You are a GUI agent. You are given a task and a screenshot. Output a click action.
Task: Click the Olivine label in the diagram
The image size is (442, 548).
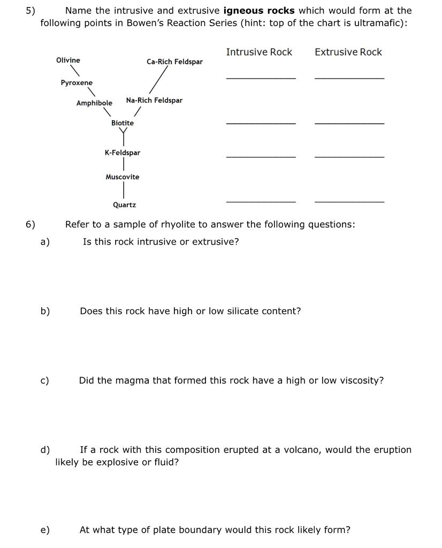68,60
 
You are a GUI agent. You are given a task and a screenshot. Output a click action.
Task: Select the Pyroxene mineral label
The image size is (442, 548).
77,82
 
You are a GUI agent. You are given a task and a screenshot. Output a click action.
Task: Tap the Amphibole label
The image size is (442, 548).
94,103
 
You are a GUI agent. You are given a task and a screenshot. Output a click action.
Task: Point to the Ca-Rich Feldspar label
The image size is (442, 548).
174,62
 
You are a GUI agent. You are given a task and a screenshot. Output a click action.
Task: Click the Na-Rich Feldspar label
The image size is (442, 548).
154,100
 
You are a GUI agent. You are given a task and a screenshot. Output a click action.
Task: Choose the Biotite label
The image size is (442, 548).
123,123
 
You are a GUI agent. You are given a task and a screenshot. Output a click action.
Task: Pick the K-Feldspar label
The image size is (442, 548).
123,153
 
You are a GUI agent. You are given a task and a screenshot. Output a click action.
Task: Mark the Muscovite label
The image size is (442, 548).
123,177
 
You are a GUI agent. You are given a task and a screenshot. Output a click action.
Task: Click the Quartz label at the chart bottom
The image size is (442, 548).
124,204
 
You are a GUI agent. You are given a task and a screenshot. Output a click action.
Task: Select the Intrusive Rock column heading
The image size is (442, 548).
259,52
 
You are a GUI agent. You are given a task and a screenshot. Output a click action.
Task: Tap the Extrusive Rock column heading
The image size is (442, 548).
348,52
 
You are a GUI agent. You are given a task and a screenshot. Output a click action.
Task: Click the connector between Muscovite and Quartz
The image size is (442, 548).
124,190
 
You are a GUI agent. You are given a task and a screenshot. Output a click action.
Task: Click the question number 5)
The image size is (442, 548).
31,11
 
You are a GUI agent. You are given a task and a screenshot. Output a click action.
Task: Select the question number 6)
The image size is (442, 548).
31,224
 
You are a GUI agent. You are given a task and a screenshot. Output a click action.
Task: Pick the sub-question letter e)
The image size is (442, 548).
45,530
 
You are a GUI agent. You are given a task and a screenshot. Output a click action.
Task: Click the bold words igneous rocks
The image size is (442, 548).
259,11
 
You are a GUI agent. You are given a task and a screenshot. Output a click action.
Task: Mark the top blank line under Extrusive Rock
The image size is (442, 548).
349,78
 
